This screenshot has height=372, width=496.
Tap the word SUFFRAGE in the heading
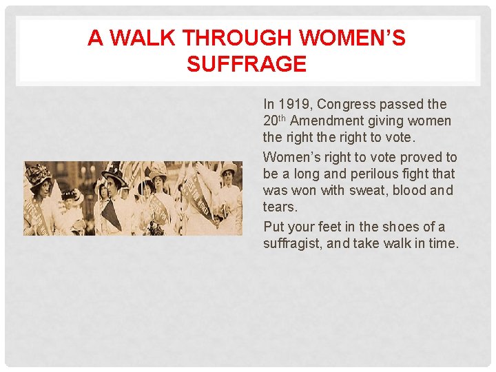246,64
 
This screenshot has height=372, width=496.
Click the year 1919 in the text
292,105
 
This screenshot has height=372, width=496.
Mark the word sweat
370,190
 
